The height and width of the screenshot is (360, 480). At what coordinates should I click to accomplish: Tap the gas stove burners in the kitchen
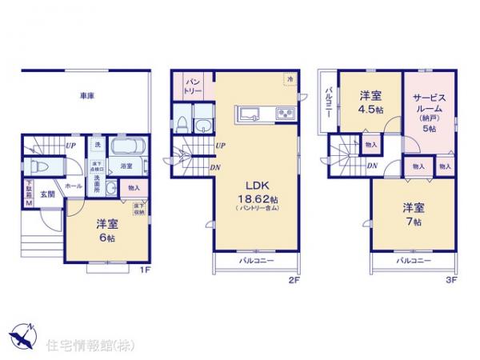tap(286, 112)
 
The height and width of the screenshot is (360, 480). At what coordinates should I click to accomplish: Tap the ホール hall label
tap(73, 186)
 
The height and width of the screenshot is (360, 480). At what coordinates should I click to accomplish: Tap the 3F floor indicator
tap(451, 282)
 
